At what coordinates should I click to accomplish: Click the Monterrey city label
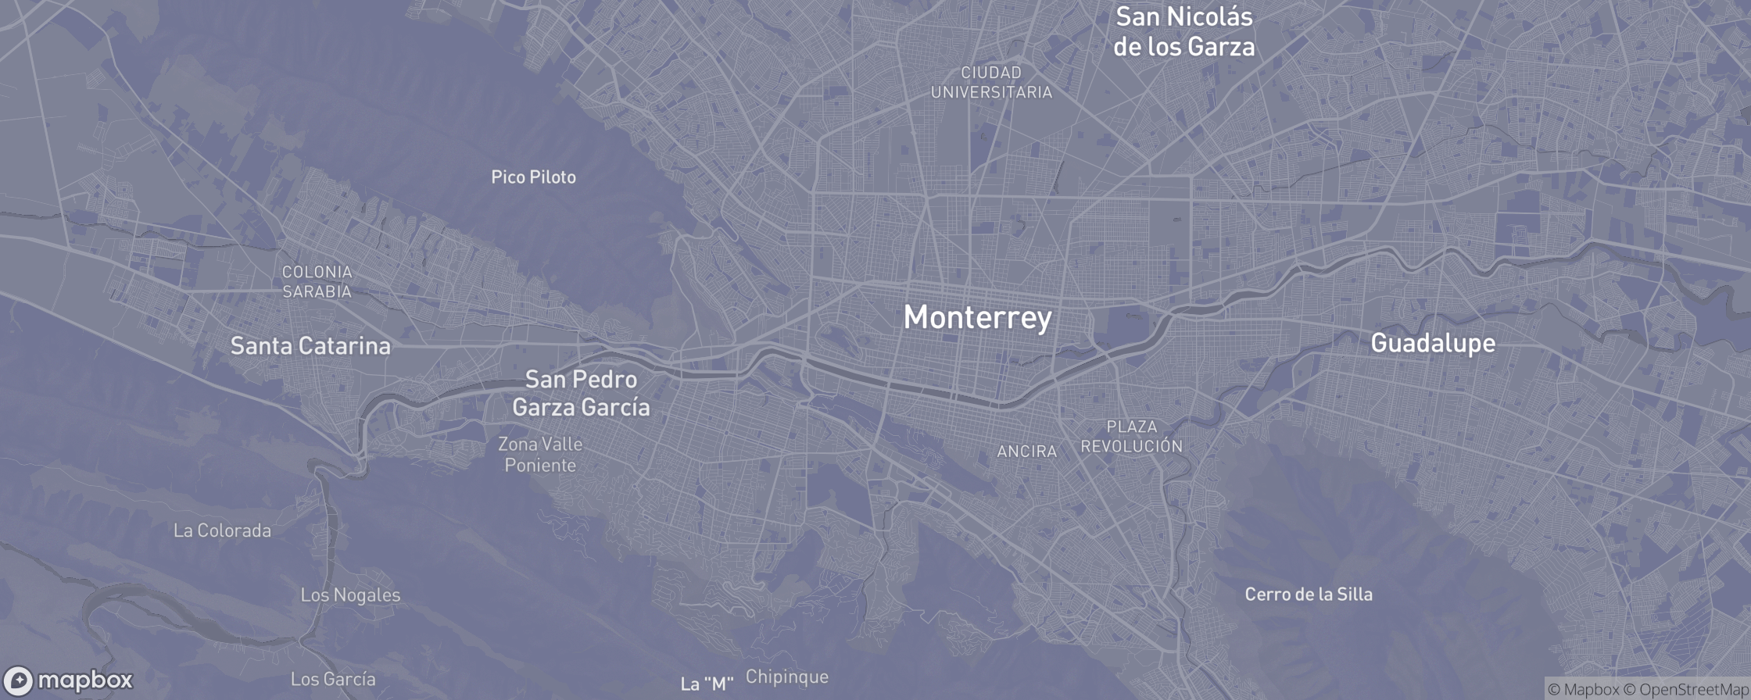pos(977,317)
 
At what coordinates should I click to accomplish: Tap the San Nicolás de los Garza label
pos(1183,31)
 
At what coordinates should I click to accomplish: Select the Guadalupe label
pos(1433,343)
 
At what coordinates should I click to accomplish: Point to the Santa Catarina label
pos(310,346)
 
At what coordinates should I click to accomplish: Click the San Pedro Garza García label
pos(581,393)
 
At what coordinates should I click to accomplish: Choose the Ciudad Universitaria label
pos(991,82)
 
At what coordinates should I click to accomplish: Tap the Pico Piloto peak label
pos(533,177)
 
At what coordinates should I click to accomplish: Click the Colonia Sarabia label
pos(317,281)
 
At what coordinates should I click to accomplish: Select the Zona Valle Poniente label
pos(540,455)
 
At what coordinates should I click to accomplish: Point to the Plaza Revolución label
pos(1131,436)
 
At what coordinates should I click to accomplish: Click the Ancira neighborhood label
pos(1026,452)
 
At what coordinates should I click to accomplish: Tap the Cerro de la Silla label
pos(1308,595)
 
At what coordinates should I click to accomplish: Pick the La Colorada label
pos(222,531)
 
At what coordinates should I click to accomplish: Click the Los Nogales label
pos(350,595)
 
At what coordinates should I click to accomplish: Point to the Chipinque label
pos(786,677)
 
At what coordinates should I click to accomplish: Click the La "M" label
pos(707,684)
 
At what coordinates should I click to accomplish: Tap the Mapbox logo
pos(69,680)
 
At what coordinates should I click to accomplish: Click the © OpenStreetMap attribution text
pos(1686,689)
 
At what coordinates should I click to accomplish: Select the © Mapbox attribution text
pos(1583,689)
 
